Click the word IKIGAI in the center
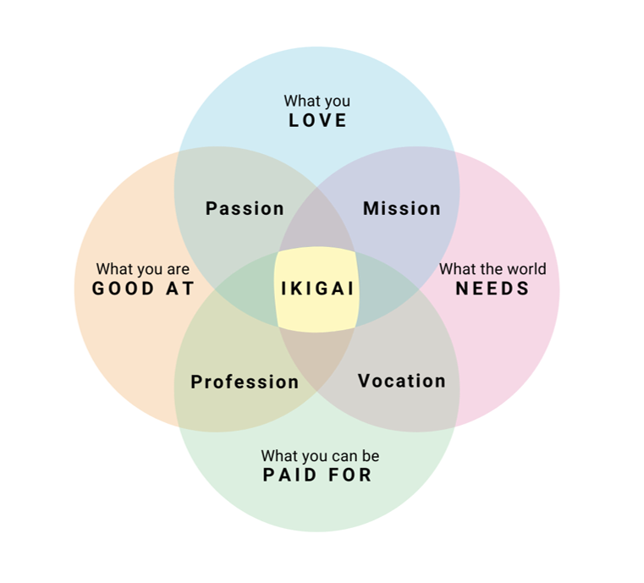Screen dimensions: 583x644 pyautogui.click(x=317, y=289)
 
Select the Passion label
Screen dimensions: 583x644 pyautogui.click(x=245, y=208)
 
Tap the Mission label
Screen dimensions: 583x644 pyautogui.click(x=402, y=208)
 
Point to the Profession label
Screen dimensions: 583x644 pyautogui.click(x=245, y=382)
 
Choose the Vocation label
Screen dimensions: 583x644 pyautogui.click(x=401, y=381)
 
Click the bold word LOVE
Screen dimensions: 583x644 pyautogui.click(x=317, y=120)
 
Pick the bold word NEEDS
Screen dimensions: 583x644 pyautogui.click(x=493, y=289)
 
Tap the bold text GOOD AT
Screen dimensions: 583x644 pyautogui.click(x=143, y=289)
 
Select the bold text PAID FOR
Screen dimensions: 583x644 pyautogui.click(x=317, y=475)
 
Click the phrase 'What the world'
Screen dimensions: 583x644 pyautogui.click(x=493, y=269)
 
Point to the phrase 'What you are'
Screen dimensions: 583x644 pyautogui.click(x=143, y=270)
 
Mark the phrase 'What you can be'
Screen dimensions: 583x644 pyautogui.click(x=320, y=456)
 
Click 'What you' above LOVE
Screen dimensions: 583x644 pyautogui.click(x=317, y=102)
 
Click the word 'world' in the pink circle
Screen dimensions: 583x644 pyautogui.click(x=526, y=269)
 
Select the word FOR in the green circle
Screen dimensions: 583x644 pyautogui.click(x=350, y=475)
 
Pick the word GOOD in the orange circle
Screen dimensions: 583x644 pyautogui.click(x=123, y=289)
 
